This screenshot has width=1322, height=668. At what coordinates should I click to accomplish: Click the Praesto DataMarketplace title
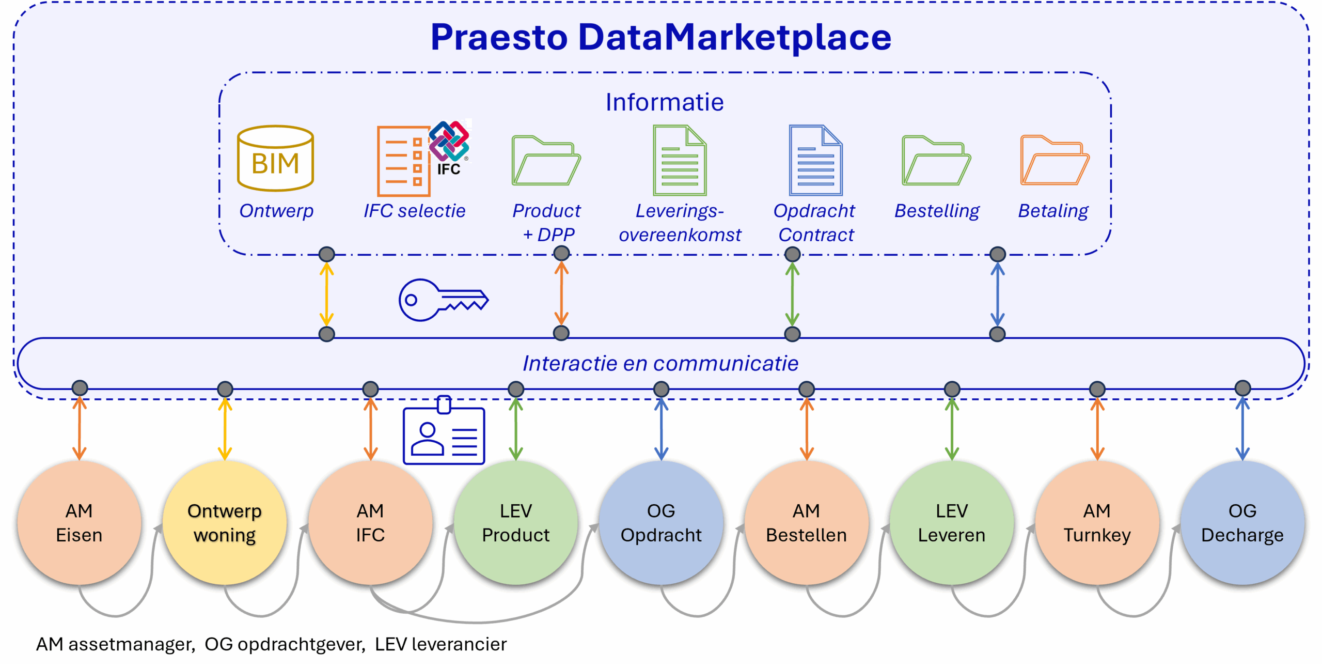click(x=661, y=37)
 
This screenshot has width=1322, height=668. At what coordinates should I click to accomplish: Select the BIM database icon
click(x=275, y=159)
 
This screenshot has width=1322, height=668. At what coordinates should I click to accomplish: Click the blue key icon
click(x=443, y=300)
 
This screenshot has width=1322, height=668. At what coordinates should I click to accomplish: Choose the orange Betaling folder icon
click(x=1055, y=161)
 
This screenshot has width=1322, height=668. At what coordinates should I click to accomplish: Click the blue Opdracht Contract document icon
click(x=815, y=161)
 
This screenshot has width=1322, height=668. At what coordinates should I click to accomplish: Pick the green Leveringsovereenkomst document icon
click(x=680, y=161)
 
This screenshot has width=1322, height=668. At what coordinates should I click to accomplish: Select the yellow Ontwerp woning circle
click(x=225, y=523)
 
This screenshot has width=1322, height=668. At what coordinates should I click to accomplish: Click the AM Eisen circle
click(x=79, y=523)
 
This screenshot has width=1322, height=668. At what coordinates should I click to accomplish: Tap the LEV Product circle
click(x=515, y=523)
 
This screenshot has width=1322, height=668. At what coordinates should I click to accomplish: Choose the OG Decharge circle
click(x=1242, y=523)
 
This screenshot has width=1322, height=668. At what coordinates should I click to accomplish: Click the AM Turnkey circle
click(x=1097, y=523)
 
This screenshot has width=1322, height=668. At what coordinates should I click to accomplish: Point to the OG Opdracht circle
click(x=661, y=523)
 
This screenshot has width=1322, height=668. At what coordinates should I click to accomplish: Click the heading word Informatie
click(x=665, y=102)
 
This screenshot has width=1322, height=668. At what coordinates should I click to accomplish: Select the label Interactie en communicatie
click(x=660, y=364)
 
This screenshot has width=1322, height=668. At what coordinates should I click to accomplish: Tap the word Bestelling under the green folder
click(x=937, y=211)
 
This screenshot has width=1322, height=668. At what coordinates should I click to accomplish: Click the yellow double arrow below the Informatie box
click(x=326, y=294)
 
